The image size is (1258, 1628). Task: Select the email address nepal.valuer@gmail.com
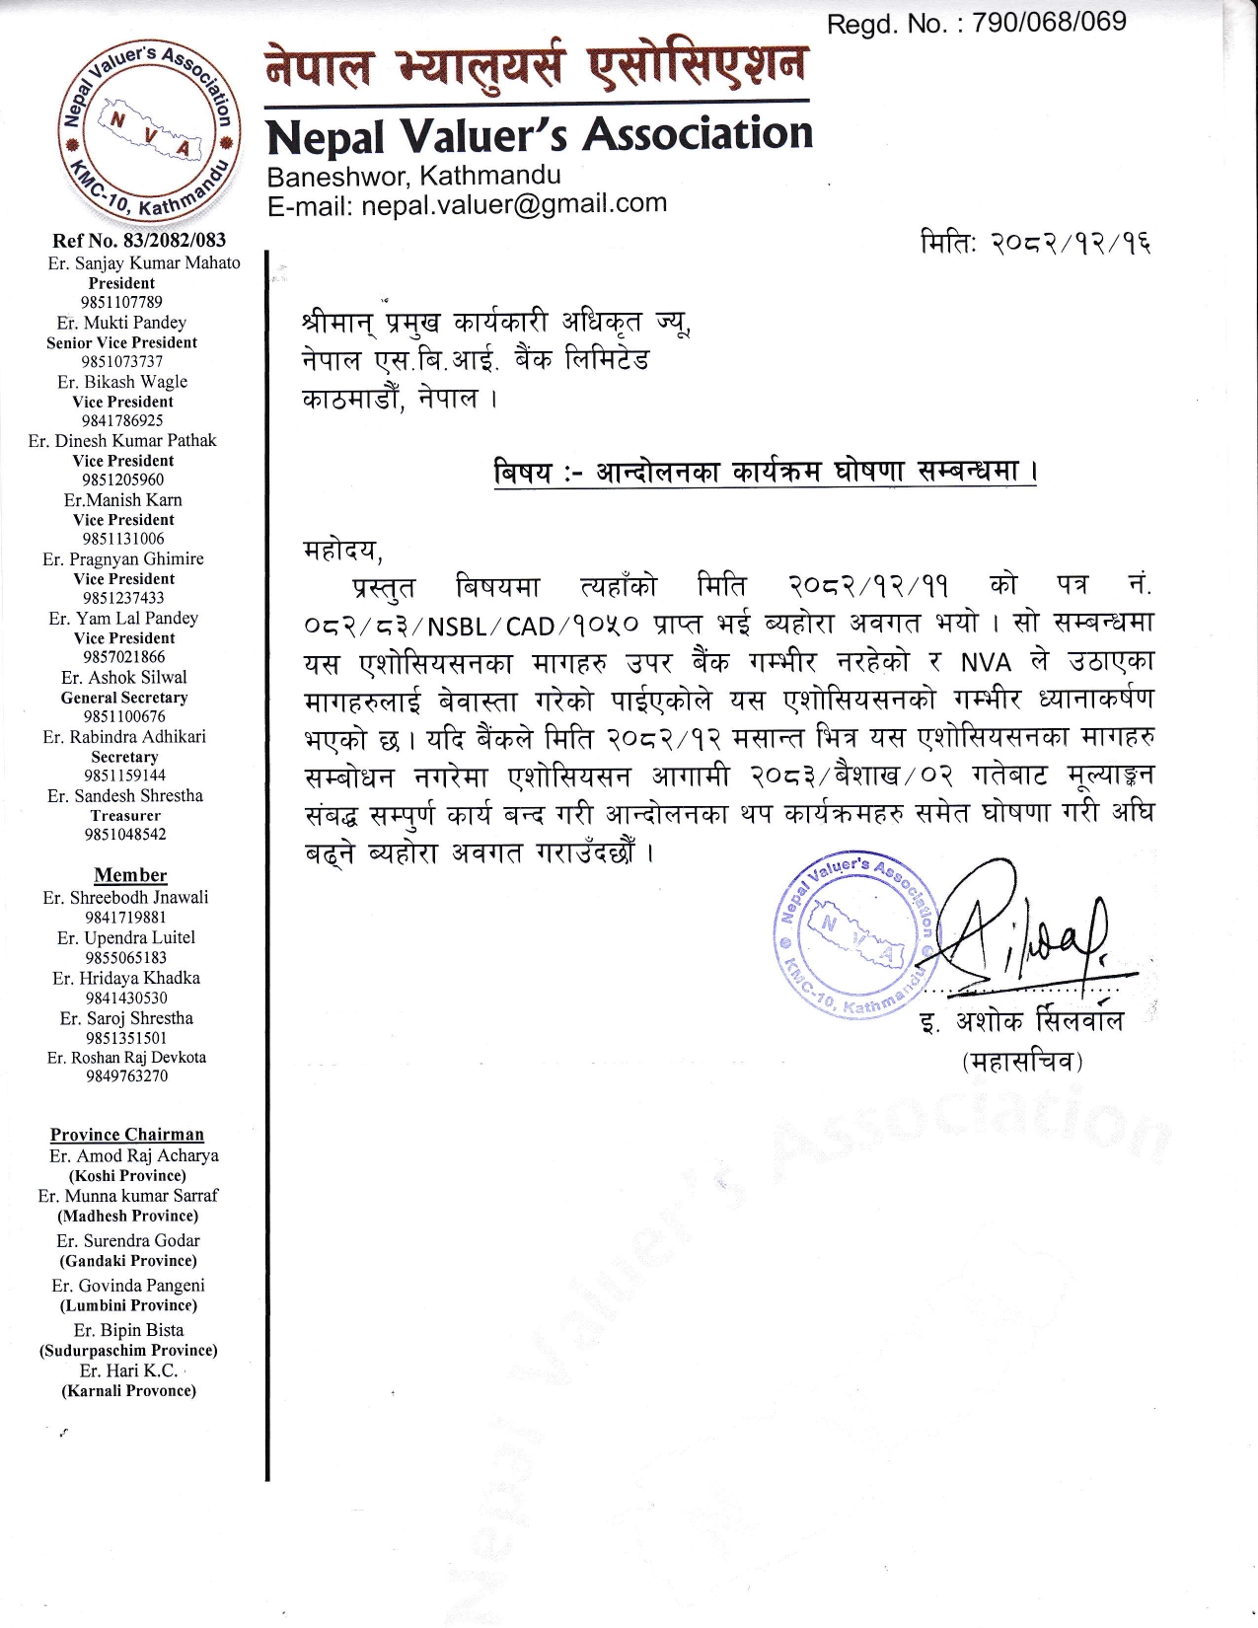pyautogui.click(x=513, y=204)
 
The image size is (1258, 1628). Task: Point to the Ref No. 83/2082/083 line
pyautogui.click(x=139, y=240)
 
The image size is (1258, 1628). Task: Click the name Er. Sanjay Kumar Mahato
pyautogui.click(x=144, y=262)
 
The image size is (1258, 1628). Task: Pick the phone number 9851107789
pyautogui.click(x=121, y=302)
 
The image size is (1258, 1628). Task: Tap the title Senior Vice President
pyautogui.click(x=121, y=342)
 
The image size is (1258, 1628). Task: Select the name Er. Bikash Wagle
pyautogui.click(x=122, y=382)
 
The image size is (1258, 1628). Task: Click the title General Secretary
pyautogui.click(x=124, y=697)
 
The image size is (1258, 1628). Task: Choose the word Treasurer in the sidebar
pyautogui.click(x=125, y=815)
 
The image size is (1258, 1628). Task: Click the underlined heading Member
pyautogui.click(x=130, y=875)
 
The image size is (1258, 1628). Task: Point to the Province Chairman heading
pyautogui.click(x=127, y=1135)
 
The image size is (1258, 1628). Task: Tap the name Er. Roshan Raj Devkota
pyautogui.click(x=126, y=1057)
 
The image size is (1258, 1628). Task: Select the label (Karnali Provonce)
pyautogui.click(x=128, y=1390)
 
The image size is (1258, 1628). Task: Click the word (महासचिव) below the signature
pyautogui.click(x=1022, y=1063)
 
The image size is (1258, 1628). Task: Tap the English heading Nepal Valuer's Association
pyautogui.click(x=540, y=136)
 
